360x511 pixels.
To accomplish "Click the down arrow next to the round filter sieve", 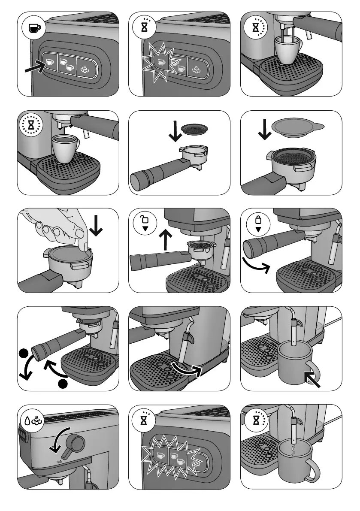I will (x=175, y=132).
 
